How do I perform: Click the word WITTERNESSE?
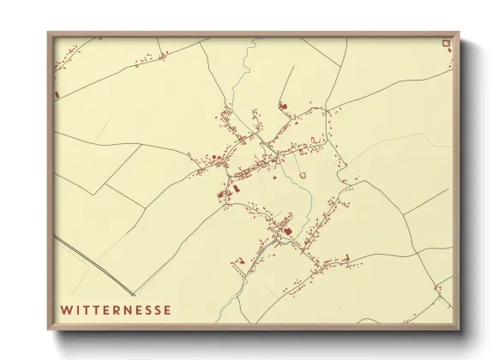[x=116, y=309]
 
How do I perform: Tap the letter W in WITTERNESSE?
[x=65, y=309]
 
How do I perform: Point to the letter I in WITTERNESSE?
[x=77, y=309]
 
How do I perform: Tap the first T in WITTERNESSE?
[x=87, y=309]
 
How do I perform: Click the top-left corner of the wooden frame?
[x=48, y=33]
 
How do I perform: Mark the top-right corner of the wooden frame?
[x=459, y=33]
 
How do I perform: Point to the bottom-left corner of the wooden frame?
[x=48, y=330]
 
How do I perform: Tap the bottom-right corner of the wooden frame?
[x=459, y=330]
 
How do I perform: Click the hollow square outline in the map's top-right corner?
[x=445, y=43]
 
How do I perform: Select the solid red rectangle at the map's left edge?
[x=57, y=93]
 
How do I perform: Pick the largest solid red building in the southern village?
[x=288, y=231]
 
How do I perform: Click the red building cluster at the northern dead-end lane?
[x=283, y=106]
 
